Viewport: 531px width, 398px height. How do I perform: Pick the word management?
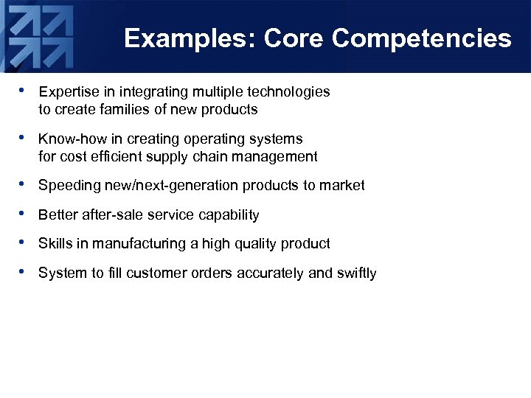click(x=283, y=156)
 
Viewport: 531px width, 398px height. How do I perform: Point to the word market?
click(x=342, y=186)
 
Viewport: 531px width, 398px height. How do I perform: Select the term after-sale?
click(x=106, y=215)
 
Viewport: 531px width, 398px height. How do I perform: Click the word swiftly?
click(x=356, y=273)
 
